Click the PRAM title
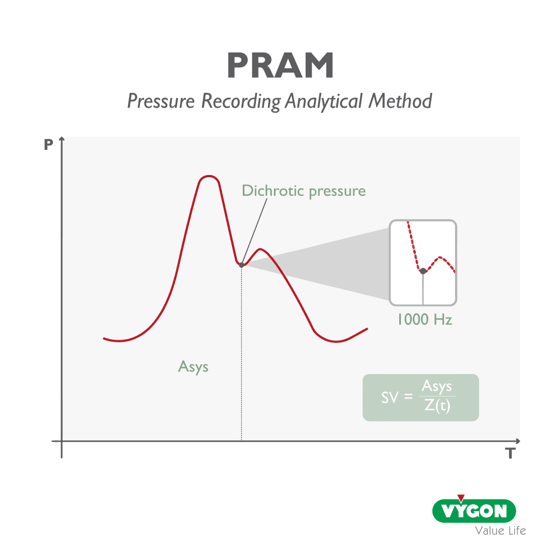tap(280, 66)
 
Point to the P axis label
tap(49, 145)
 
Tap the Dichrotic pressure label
tap(304, 191)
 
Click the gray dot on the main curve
tap(241, 265)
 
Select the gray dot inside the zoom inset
tap(423, 271)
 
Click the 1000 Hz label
tap(424, 319)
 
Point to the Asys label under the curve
tap(194, 366)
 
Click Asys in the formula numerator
tap(437, 387)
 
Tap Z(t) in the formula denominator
tap(437, 407)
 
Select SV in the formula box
tap(390, 398)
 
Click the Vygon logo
tap(474, 511)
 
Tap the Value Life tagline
tap(500, 530)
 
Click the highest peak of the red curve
tap(208, 177)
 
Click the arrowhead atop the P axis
tap(62, 140)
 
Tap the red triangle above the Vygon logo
tap(461, 498)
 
